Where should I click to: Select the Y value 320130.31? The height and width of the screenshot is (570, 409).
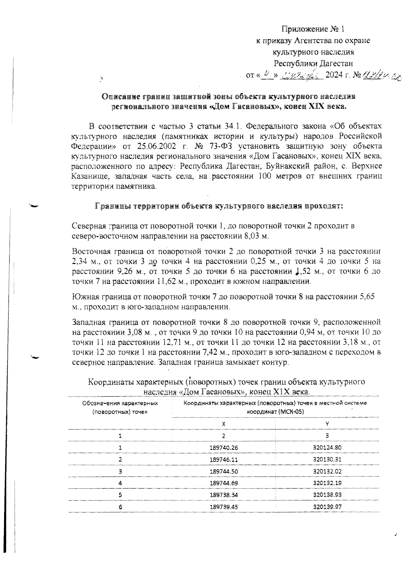tap(327, 459)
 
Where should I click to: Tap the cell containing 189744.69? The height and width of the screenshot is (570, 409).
tap(224, 483)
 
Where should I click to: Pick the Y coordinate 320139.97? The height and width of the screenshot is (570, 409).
tap(327, 507)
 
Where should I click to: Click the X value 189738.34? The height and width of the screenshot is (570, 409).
tap(224, 495)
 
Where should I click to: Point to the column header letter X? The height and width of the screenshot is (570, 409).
tap(224, 424)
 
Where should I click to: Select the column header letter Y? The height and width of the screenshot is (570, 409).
tap(327, 424)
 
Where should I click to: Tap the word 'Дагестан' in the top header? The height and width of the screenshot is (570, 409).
tap(335, 63)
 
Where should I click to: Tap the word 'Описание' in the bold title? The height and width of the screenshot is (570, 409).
tap(121, 97)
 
